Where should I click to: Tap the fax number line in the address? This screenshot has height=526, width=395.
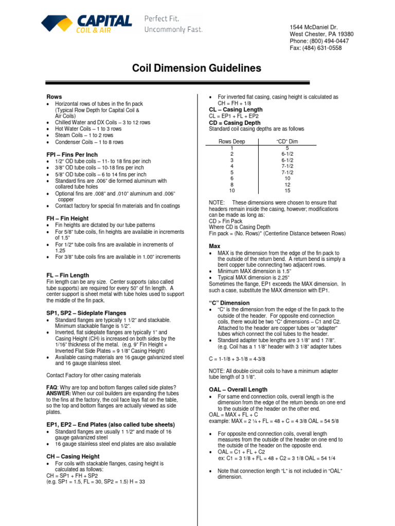click(x=315, y=48)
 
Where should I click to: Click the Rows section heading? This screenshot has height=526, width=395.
click(x=54, y=97)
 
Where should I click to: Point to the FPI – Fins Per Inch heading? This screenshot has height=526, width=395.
click(x=72, y=155)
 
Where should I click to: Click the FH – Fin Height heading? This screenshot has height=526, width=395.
click(x=67, y=218)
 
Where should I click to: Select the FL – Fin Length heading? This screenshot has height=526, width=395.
click(x=67, y=275)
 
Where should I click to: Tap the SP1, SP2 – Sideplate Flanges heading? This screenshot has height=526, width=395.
click(x=87, y=313)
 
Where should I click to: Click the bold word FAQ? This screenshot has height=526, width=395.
click(x=52, y=387)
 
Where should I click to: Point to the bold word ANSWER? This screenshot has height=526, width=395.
click(x=61, y=393)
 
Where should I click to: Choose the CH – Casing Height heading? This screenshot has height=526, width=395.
click(x=73, y=456)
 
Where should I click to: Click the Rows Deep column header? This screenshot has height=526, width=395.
click(x=232, y=141)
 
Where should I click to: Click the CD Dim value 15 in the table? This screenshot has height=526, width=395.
click(x=287, y=191)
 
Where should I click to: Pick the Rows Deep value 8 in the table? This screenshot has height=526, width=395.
click(x=232, y=184)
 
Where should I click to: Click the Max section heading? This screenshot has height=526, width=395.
click(x=214, y=246)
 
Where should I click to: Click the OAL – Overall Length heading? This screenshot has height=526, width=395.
click(x=238, y=390)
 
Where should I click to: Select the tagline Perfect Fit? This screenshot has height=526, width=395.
click(x=162, y=18)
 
